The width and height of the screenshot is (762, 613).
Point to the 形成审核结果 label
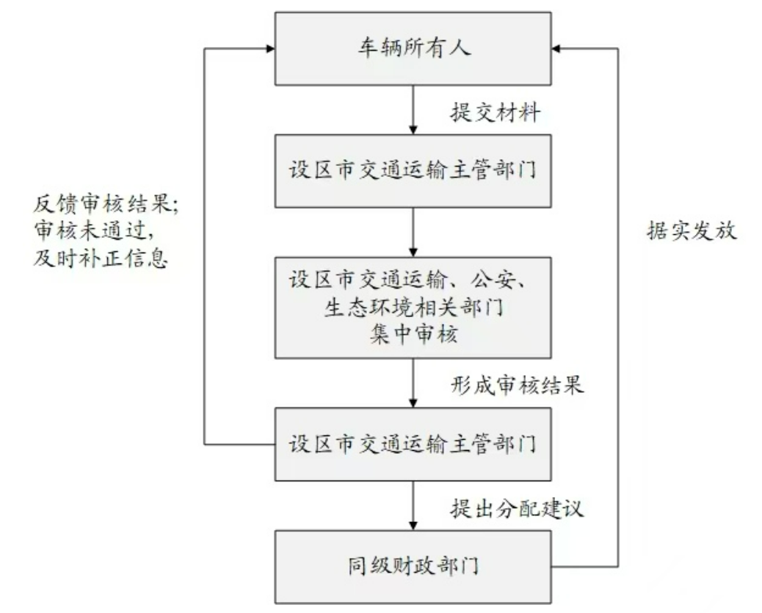coord(517,385)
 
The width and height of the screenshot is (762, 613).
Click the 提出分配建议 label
coord(517,508)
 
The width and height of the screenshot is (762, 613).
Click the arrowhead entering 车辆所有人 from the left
coord(269,48)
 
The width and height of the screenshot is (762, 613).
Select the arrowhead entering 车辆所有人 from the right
coord(557,48)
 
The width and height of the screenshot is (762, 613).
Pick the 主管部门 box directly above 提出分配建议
coord(413,444)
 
